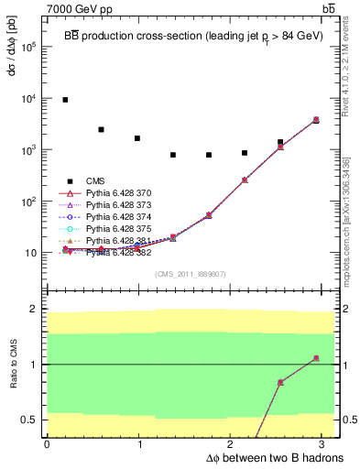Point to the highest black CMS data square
tap(65, 100)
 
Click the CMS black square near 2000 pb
tap(101, 129)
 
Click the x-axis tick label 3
tap(325, 443)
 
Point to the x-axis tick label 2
tap(233, 443)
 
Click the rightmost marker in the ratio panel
tap(316, 358)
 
